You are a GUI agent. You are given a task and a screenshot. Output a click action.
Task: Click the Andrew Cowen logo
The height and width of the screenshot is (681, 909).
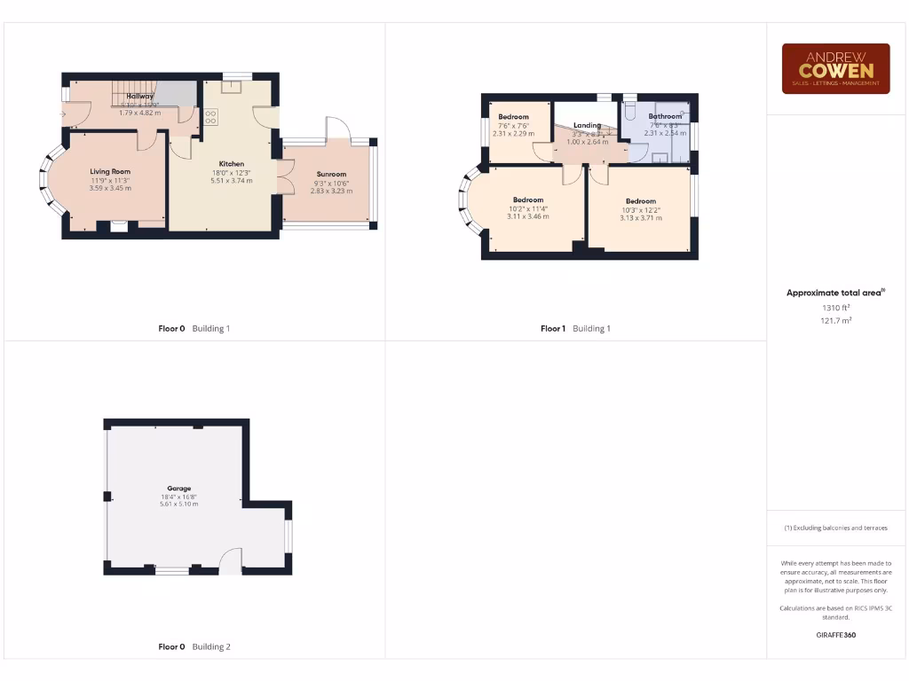coord(835,68)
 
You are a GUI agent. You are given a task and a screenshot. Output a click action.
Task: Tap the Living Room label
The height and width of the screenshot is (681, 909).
coord(110,171)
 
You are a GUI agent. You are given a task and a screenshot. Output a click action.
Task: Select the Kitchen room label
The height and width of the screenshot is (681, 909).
coord(232,164)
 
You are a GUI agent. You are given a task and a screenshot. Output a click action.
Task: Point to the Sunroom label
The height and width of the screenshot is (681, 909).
coord(331,175)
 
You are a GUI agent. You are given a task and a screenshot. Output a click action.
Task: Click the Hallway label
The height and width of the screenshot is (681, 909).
coord(140,96)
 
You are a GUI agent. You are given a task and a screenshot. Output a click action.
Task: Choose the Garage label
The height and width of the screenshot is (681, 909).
coord(179,488)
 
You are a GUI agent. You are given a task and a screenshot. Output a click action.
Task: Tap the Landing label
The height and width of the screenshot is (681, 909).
coord(587,126)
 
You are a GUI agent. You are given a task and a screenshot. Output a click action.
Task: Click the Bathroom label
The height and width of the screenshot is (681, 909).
coord(665,116)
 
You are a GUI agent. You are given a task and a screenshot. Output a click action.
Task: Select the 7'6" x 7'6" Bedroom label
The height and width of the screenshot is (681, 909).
coord(513,117)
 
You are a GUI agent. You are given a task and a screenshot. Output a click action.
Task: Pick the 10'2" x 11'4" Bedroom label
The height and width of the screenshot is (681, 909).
coord(527,200)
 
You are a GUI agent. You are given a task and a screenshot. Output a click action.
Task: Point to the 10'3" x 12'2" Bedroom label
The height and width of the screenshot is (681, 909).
coord(640,201)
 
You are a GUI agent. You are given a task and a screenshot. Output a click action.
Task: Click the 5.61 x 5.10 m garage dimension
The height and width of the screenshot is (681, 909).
coord(179,504)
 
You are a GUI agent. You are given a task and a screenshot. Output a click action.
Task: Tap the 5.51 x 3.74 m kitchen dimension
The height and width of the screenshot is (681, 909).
coord(232,180)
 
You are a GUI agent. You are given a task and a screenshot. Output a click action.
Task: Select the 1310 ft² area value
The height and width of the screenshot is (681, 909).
coord(835,308)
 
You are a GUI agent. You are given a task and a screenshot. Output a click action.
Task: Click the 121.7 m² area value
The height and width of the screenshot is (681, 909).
coord(835,320)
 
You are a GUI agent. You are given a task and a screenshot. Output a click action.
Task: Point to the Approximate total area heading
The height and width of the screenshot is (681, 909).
coord(835,293)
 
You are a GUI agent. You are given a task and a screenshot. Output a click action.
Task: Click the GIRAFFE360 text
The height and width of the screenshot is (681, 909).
coord(835,635)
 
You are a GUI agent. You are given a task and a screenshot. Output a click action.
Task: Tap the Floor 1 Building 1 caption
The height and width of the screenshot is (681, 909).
coord(575,328)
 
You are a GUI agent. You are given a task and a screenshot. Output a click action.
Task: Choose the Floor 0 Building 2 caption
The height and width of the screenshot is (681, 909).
coord(194,646)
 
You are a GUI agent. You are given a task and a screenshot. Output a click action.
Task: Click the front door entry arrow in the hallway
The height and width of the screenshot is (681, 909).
coord(64,113)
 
